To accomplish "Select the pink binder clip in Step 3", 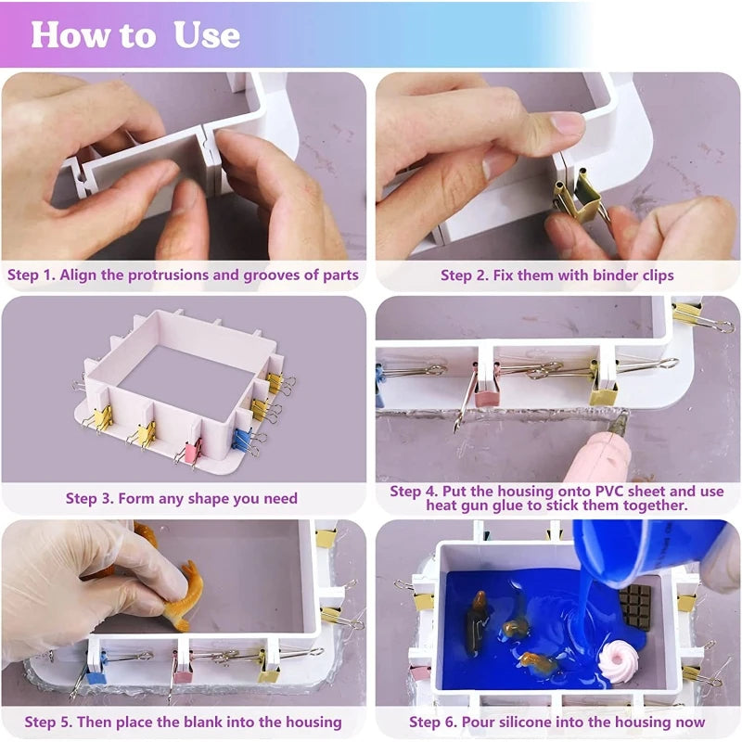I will (192, 450).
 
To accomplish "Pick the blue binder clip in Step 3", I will (243, 438).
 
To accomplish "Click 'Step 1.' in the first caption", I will (32, 275).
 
